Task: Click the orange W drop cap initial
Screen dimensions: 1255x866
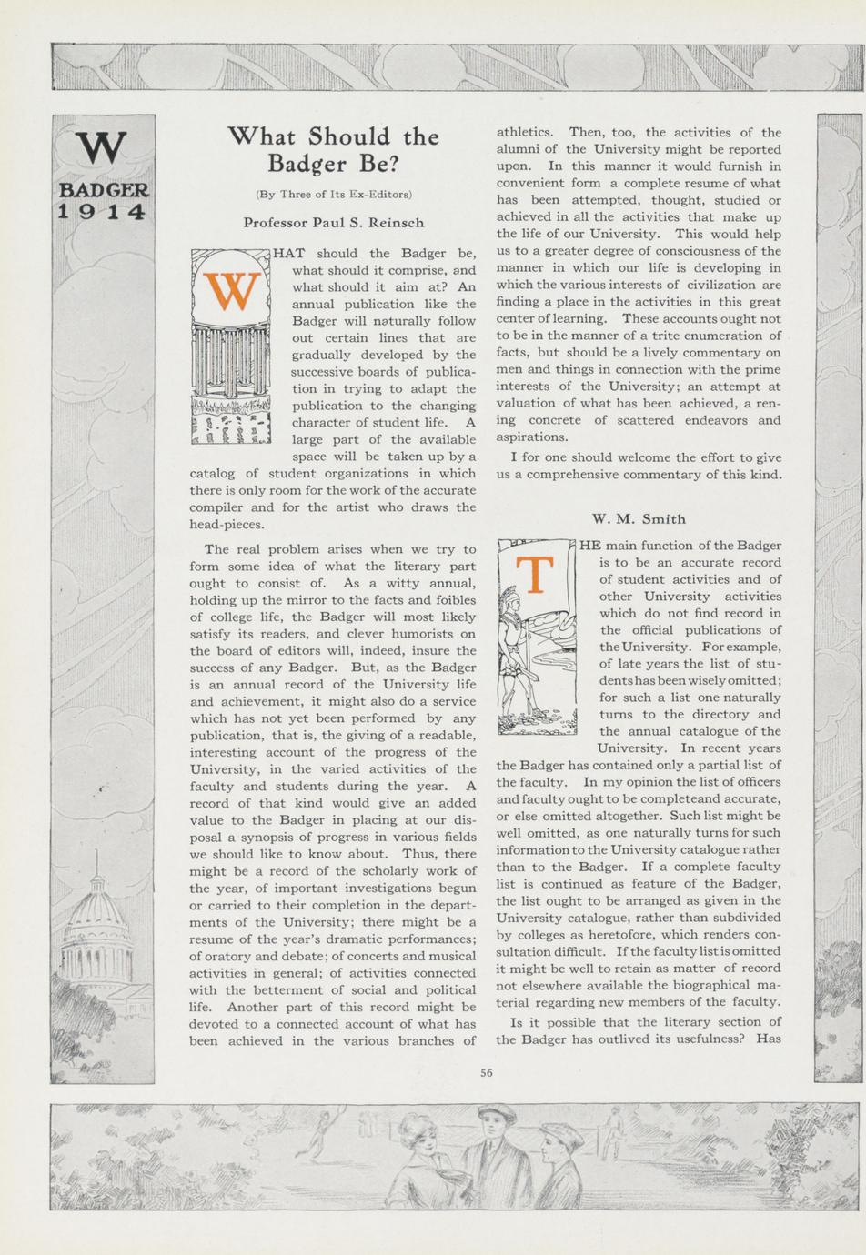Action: pos(232,289)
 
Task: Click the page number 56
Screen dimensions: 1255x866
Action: pos(487,1072)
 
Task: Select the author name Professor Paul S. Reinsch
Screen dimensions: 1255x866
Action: pos(333,222)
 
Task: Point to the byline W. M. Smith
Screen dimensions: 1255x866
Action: pos(639,519)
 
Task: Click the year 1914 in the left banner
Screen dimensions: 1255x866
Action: pos(102,212)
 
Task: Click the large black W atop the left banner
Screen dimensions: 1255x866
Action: pos(100,148)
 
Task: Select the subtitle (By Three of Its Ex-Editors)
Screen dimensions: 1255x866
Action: pos(334,194)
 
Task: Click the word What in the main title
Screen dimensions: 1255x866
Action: pos(263,136)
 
